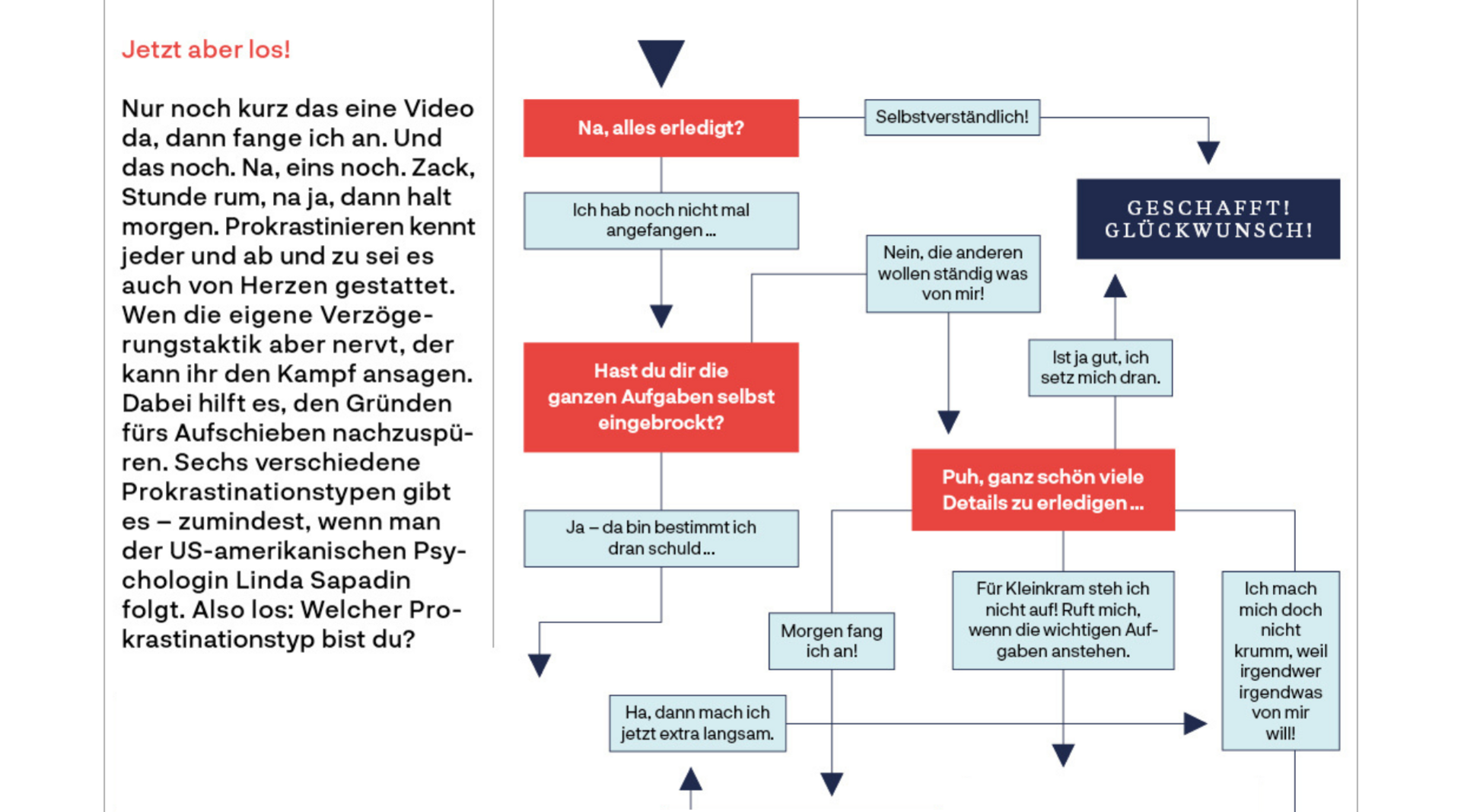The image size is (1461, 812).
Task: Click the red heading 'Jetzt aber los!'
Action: tap(205, 49)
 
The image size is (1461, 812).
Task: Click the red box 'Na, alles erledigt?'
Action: tap(660, 128)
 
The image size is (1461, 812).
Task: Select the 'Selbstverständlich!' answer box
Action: tap(951, 117)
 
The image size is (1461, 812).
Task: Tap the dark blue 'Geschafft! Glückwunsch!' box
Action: tap(1208, 219)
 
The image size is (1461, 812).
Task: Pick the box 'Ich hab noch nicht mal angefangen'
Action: tap(660, 221)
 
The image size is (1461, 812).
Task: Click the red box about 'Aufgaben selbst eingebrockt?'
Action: tap(660, 397)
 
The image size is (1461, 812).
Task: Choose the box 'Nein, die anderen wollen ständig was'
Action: tap(953, 273)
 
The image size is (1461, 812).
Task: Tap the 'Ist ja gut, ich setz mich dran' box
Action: tap(1100, 368)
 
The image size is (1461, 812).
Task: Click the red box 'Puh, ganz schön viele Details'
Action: tap(1042, 490)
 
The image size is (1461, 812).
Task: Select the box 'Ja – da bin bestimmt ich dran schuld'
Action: tap(660, 538)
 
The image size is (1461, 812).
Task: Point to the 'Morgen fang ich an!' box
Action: tap(831, 641)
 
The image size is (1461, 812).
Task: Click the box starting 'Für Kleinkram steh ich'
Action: tap(1062, 620)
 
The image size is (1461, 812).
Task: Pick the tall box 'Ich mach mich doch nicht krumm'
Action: tap(1280, 661)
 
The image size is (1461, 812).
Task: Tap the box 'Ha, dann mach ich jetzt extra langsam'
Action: tap(697, 723)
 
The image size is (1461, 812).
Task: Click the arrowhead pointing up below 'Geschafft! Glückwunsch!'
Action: tap(1115, 286)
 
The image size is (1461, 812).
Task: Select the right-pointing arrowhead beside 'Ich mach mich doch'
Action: tap(1195, 724)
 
